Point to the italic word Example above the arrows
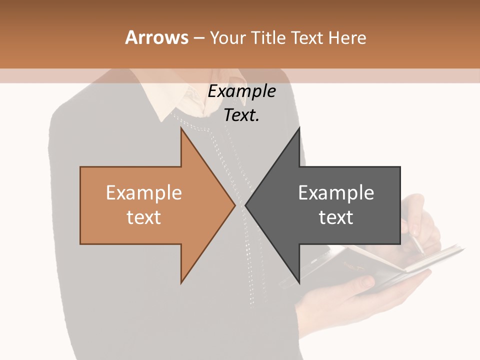(242, 91)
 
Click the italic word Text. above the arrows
(242, 115)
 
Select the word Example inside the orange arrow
(144, 193)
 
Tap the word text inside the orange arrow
(144, 217)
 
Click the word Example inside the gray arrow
(336, 193)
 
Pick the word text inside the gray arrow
(336, 217)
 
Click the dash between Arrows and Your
(198, 38)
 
